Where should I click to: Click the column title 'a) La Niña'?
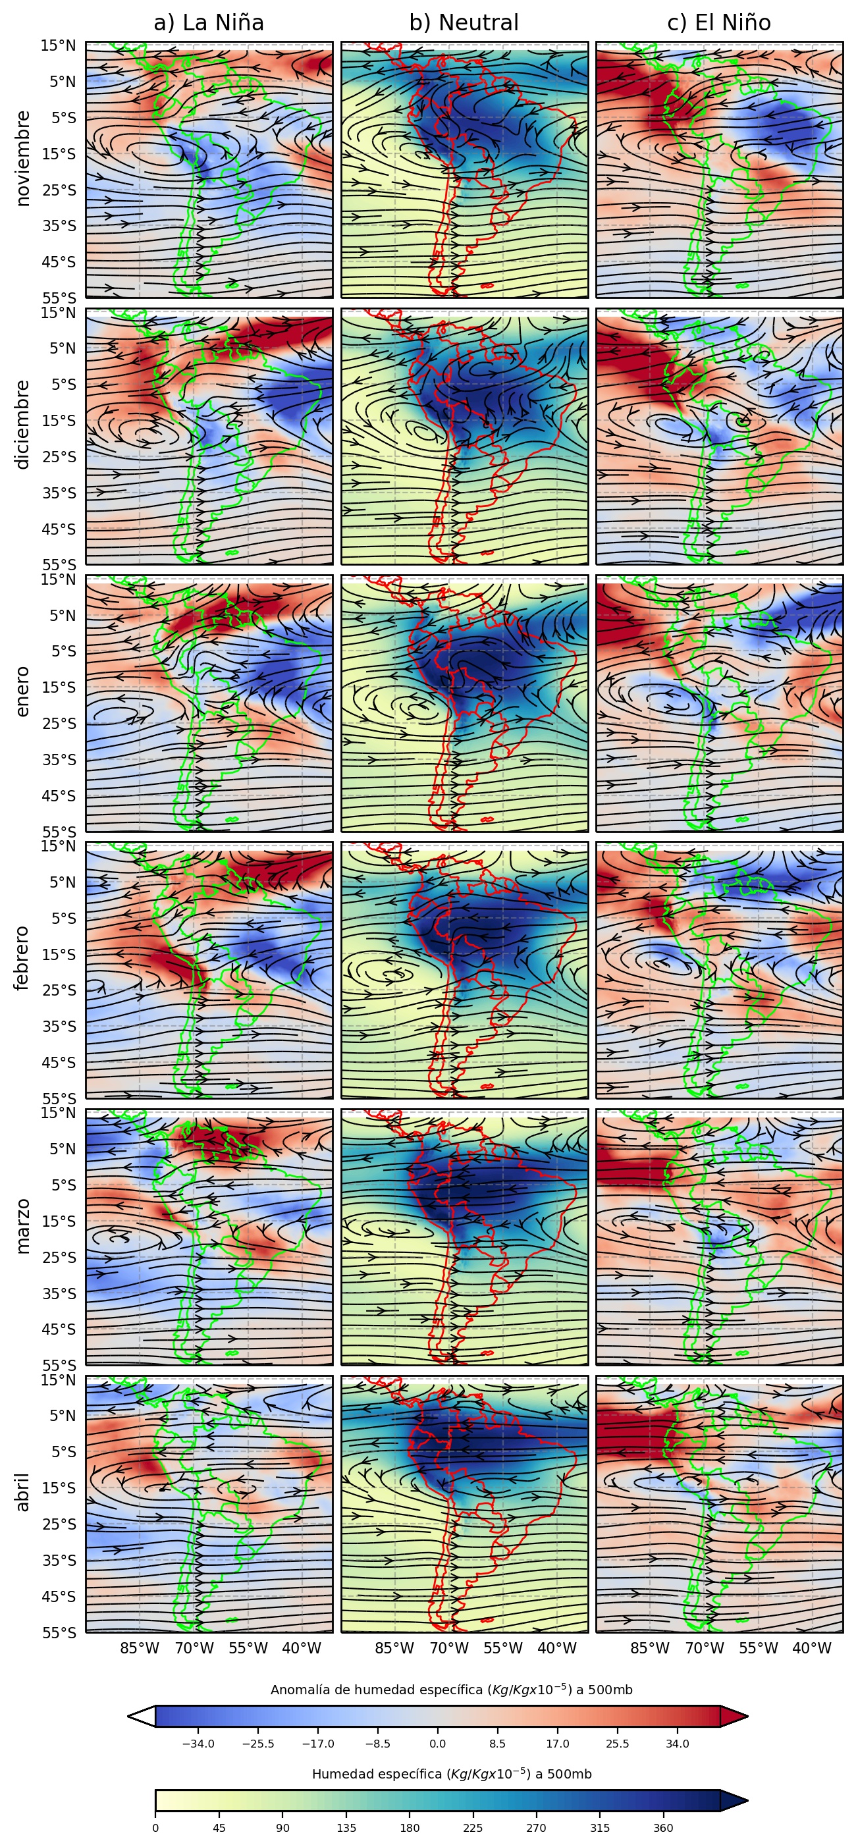[209, 23]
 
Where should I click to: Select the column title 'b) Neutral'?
[464, 23]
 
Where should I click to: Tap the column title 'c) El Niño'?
[719, 23]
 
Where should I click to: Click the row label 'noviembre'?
[23, 159]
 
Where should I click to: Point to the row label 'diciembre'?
[23, 425]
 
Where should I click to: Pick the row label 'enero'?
[23, 691]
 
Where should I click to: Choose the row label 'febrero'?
[23, 958]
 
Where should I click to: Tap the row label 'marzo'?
[23, 1225]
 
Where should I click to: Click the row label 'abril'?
[23, 1492]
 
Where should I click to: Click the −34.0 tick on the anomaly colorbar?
[198, 1744]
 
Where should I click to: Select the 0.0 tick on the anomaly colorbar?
[437, 1744]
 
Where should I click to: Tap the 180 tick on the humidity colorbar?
[410, 1828]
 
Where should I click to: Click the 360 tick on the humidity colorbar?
[663, 1828]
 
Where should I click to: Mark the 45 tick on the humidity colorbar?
[219, 1828]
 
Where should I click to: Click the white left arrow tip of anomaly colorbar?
[140, 1717]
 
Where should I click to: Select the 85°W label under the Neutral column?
[394, 1648]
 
